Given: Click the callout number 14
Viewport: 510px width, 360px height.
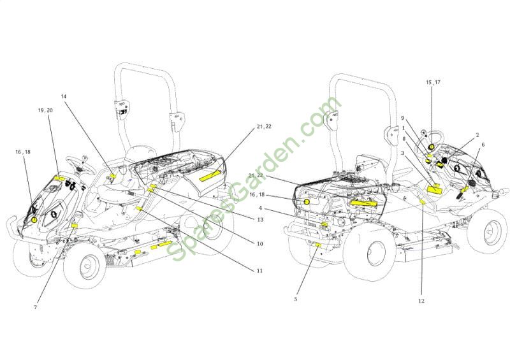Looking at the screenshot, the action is click(x=63, y=96).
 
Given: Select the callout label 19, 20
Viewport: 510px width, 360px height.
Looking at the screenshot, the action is click(x=45, y=110).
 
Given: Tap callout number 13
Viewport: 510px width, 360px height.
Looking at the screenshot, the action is click(x=260, y=220).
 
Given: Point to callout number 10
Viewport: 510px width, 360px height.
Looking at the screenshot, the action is click(x=260, y=243).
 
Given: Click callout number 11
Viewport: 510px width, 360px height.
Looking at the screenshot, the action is click(x=260, y=271).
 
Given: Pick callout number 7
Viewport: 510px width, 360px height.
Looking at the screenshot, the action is click(x=36, y=307).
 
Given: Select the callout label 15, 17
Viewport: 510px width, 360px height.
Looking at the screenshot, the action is click(x=433, y=82).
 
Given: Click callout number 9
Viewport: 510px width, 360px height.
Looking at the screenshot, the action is click(x=402, y=118).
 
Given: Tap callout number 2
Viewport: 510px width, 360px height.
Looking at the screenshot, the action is click(x=477, y=134).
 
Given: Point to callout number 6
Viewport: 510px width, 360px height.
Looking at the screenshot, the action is click(x=483, y=145).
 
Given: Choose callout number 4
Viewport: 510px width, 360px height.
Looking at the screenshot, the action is click(x=260, y=208).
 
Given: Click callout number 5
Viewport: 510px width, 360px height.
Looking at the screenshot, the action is click(x=295, y=299).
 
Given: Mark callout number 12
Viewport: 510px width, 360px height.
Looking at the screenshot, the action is click(x=421, y=301).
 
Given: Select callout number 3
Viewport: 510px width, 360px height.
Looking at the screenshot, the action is click(x=402, y=152).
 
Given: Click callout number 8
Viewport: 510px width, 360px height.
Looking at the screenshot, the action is click(x=404, y=138).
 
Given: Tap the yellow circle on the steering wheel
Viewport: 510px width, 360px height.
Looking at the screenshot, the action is click(x=432, y=147).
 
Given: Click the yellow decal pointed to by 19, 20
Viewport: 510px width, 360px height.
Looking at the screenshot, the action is click(x=59, y=178).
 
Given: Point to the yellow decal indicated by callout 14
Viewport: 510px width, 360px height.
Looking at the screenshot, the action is click(x=113, y=176).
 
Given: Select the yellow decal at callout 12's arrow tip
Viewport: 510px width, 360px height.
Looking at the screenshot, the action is click(x=423, y=203).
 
